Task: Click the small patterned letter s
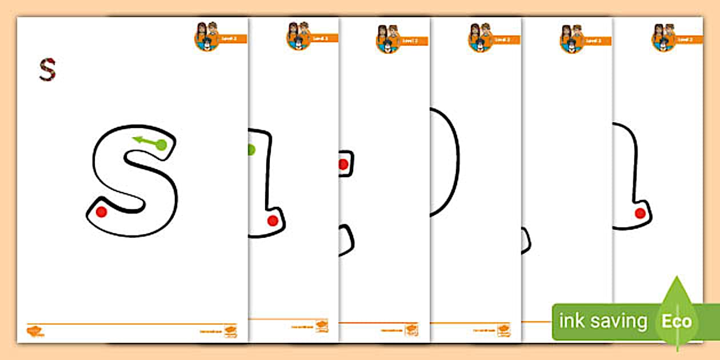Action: click(x=47, y=69)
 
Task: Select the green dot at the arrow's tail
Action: click(x=161, y=145)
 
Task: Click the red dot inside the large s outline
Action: click(x=101, y=212)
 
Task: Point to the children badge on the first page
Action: click(x=207, y=37)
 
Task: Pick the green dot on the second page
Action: click(x=250, y=150)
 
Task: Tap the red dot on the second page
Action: click(x=273, y=221)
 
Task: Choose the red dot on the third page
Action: click(x=343, y=165)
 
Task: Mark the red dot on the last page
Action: click(x=640, y=213)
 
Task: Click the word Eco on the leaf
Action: click(x=677, y=321)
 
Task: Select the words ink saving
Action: click(x=603, y=321)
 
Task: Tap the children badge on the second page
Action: click(x=299, y=36)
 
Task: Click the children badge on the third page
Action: click(x=389, y=39)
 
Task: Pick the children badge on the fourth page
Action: click(x=481, y=38)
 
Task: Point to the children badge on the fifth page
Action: click(x=572, y=39)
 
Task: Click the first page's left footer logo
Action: click(x=35, y=331)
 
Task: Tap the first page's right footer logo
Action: click(x=230, y=331)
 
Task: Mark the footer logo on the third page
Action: click(x=411, y=329)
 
